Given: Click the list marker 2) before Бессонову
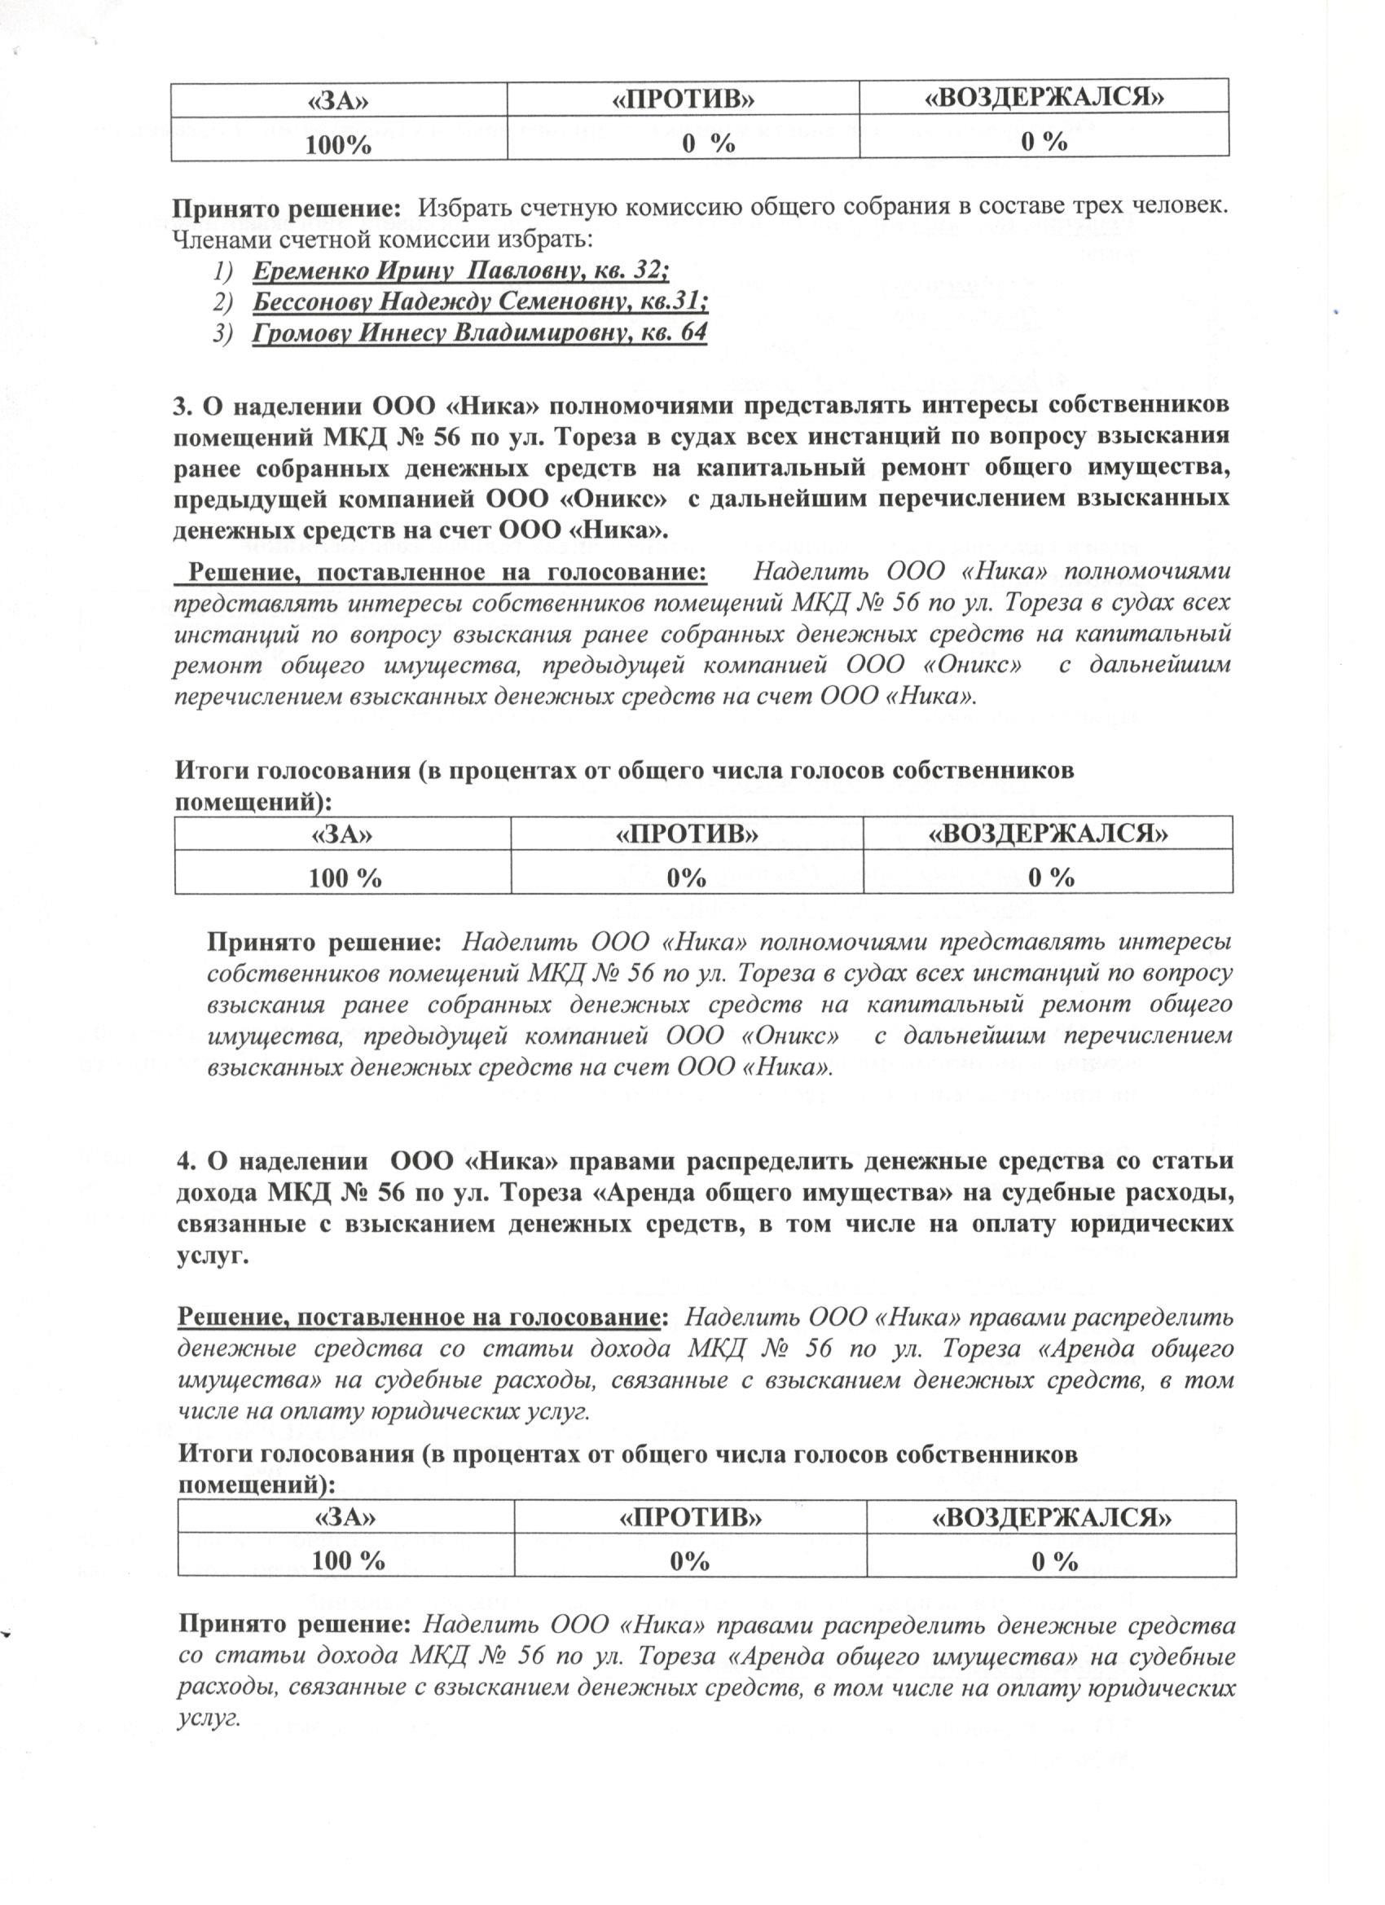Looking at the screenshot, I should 222,301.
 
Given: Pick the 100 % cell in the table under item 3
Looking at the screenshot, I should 345,878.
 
